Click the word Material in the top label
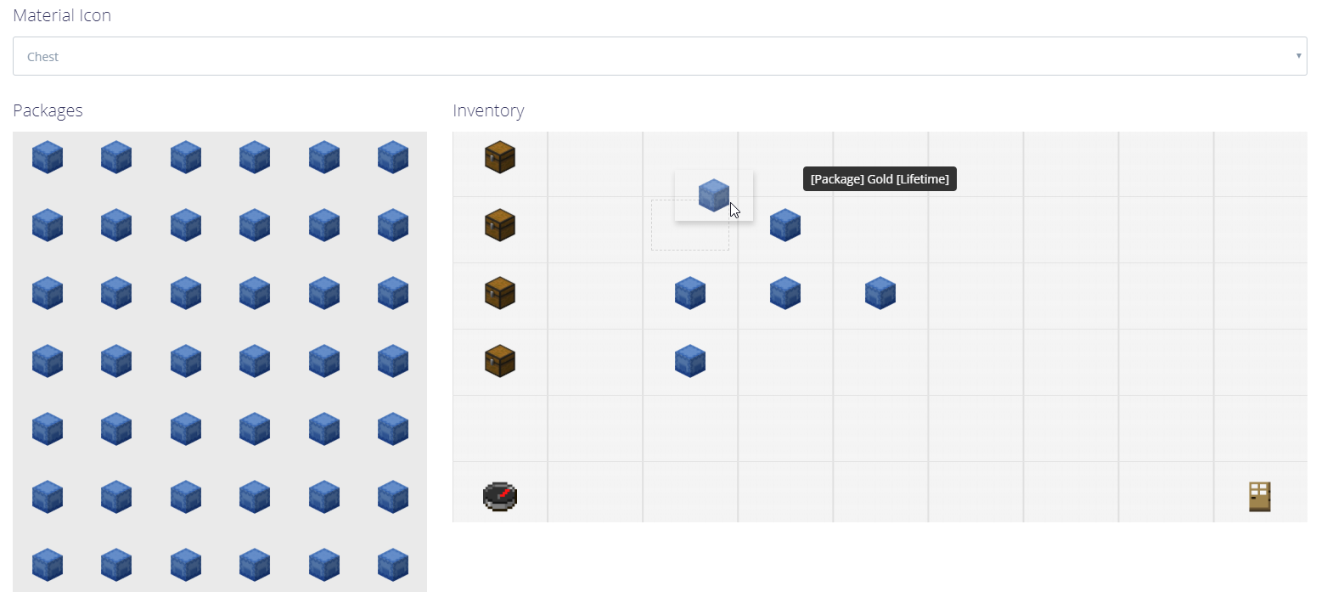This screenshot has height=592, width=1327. coord(41,15)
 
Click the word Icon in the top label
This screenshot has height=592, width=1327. coord(93,15)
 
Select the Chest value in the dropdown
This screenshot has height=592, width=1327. coord(42,57)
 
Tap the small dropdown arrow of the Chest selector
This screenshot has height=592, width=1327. coord(1298,56)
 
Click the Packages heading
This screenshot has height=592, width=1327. coord(48,110)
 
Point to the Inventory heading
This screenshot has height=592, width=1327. coord(488,110)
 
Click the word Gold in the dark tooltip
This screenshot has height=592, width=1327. coord(880,179)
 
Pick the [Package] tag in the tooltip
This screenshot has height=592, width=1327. coord(837,179)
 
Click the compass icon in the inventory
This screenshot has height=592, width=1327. coord(500,495)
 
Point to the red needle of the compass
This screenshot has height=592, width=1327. coord(504,493)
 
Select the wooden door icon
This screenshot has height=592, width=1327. coord(1260,496)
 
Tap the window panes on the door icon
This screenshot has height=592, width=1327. coord(1260,488)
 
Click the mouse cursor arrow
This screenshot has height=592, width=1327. coord(734,210)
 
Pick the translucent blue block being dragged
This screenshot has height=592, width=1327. coord(713,195)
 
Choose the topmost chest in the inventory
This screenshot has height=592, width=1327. coord(500,157)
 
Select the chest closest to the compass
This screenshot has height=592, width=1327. coord(500,361)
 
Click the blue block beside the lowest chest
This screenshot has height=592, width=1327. coord(690,361)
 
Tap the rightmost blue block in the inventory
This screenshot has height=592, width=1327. coord(880,293)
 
